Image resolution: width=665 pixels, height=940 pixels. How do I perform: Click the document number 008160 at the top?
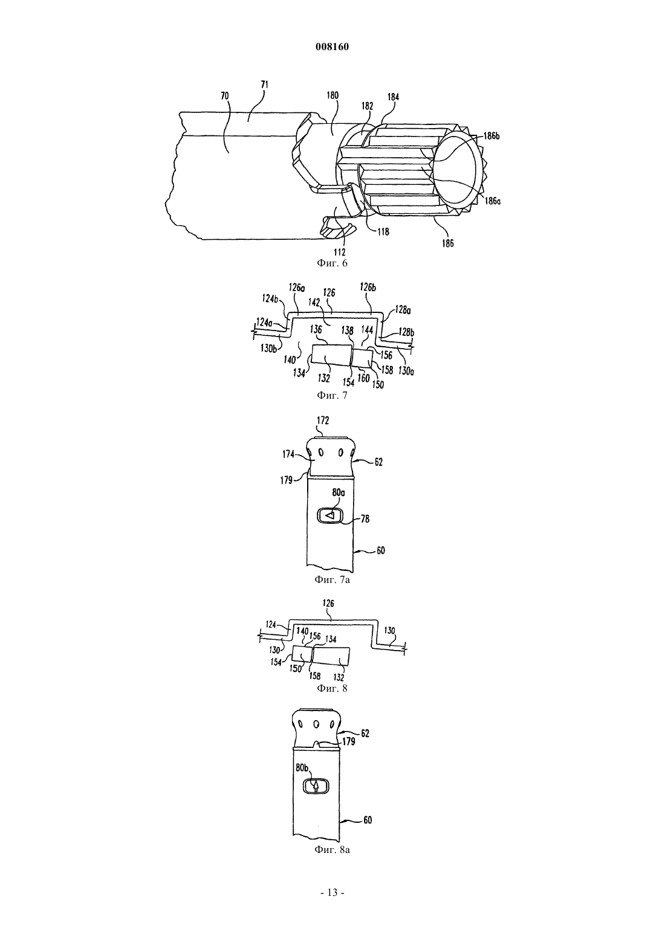[x=332, y=47]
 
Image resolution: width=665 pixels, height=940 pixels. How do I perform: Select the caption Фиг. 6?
[x=332, y=263]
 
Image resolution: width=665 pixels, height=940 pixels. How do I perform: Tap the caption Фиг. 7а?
[x=332, y=581]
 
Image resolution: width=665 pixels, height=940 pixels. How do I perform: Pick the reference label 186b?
[x=491, y=136]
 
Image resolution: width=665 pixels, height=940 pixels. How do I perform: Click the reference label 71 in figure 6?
[x=265, y=85]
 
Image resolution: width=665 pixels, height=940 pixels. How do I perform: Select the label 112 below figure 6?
[x=340, y=252]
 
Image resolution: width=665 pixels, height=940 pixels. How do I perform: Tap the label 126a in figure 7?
[x=297, y=288]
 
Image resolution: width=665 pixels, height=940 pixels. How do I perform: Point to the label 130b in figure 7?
[x=269, y=347]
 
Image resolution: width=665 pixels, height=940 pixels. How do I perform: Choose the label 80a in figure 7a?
[x=339, y=493]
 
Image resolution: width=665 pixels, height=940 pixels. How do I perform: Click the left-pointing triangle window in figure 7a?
[x=331, y=515]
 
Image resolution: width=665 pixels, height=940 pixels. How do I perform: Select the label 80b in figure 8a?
[x=302, y=768]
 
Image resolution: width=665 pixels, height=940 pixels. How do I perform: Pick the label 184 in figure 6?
[x=393, y=97]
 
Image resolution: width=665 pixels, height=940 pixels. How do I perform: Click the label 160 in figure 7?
[x=363, y=378]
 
